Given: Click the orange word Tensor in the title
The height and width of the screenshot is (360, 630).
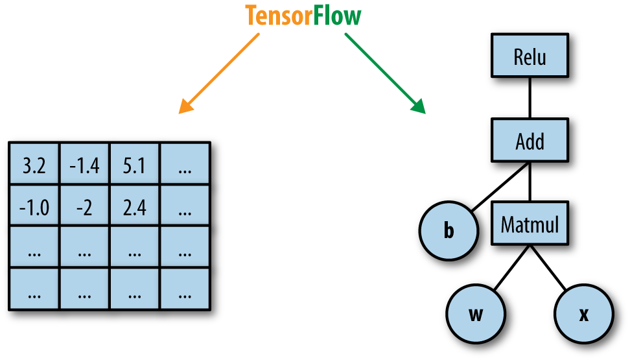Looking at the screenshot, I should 279,16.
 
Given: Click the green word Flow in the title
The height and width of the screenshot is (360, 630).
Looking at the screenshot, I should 337,16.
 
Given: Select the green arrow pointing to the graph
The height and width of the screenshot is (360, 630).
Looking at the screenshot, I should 385,73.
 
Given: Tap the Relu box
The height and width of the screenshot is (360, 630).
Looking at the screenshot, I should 530,57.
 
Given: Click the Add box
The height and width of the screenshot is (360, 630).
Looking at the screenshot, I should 530,141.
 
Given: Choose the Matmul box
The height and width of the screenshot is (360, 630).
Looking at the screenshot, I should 530,225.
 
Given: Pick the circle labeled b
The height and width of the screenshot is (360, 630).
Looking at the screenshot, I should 449,232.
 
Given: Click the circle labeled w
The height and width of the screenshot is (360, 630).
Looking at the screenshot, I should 476,315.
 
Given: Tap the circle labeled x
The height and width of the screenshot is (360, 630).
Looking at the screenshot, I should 583,315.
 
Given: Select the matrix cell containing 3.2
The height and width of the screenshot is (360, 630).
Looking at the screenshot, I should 34,167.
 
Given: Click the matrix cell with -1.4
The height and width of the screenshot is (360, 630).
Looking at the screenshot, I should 84,167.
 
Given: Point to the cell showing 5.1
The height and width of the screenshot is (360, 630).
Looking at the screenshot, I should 134,167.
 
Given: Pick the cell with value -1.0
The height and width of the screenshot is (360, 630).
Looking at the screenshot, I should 34,208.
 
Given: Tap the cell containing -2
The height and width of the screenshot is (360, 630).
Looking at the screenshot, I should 84,208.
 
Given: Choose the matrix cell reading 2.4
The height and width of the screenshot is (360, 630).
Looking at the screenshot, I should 134,208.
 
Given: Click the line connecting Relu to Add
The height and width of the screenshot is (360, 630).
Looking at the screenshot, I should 530,99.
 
